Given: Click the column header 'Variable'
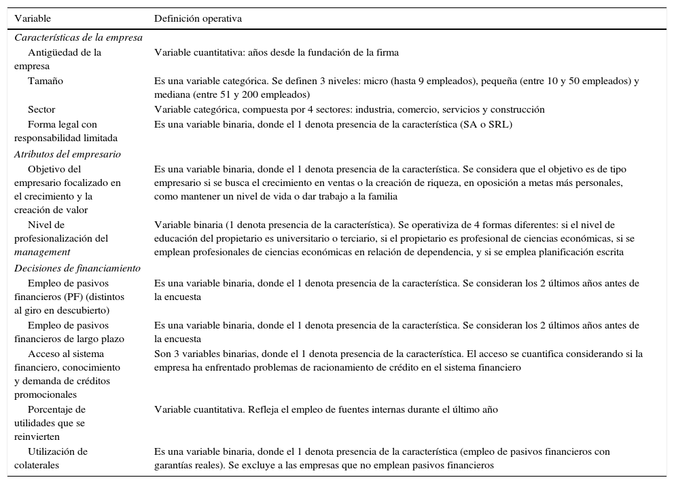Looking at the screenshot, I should point(33,18).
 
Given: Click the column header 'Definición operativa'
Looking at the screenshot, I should point(198,18).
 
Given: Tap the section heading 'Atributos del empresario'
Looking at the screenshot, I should point(67,154).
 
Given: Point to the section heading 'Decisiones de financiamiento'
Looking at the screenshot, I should point(77,268).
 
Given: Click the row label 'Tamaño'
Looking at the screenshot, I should point(46,81).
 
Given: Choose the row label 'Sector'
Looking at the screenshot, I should point(41,109).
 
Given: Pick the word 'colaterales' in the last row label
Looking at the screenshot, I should point(40,465).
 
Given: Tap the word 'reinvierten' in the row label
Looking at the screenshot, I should point(37,436).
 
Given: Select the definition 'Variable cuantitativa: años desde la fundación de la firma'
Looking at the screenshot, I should point(277,52).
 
